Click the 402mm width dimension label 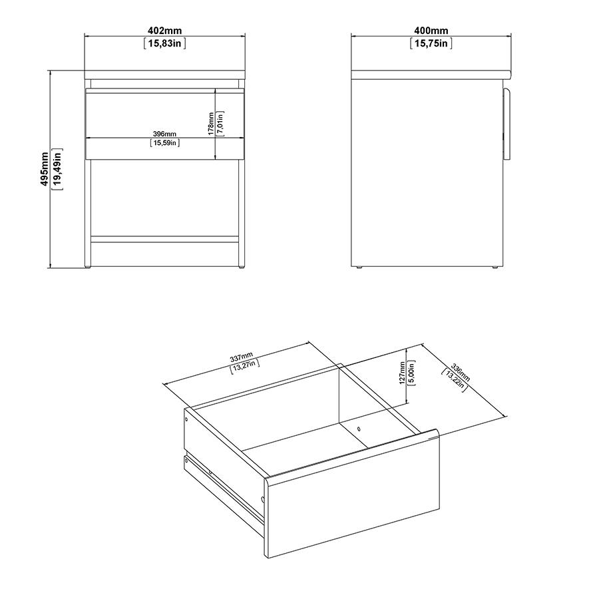tap(164, 31)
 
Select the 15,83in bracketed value tap(164, 43)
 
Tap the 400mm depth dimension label tap(431, 31)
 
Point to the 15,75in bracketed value tap(431, 43)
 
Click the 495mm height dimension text tap(45, 169)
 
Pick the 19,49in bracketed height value tap(58, 169)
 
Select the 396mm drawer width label tap(164, 134)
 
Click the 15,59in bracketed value tap(164, 143)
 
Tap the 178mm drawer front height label tap(211, 123)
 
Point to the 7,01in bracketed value tap(220, 123)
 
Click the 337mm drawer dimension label tap(242, 357)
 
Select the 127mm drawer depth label tap(402, 373)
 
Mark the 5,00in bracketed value tap(412, 373)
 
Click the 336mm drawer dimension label tap(461, 373)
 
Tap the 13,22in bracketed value tap(454, 381)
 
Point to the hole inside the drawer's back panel tap(358, 429)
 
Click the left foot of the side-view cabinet tap(359, 268)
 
